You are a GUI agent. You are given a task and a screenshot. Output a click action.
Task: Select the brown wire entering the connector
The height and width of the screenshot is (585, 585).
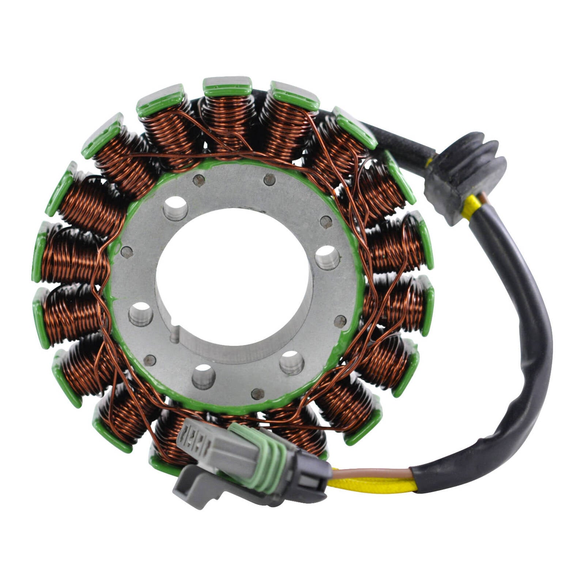pos(369,473)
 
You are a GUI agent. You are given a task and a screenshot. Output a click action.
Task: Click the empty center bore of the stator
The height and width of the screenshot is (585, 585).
pos(234,278)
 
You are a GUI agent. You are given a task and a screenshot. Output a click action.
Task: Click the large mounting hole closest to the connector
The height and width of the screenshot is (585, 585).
pos(204,377)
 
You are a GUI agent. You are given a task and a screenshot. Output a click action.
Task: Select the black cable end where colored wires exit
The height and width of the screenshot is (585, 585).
pos(420,479)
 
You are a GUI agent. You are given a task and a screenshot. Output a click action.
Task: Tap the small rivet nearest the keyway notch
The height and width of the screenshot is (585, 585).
pos(150,360)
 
